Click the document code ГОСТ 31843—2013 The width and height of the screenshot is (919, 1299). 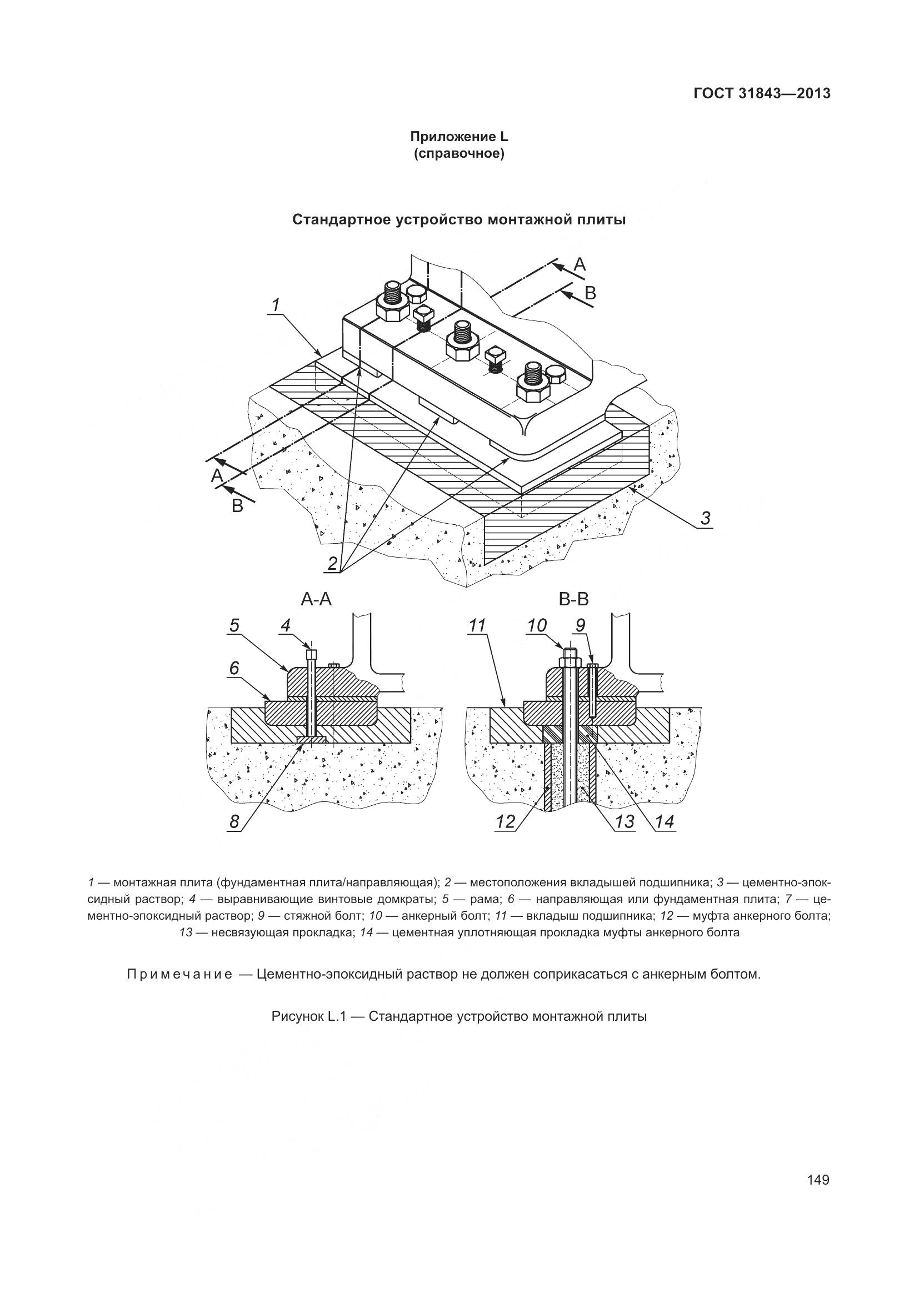[x=762, y=93]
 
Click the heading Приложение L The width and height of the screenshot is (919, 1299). [x=459, y=137]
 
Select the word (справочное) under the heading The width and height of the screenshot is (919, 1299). [x=459, y=153]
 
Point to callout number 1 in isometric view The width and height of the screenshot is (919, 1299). [x=275, y=306]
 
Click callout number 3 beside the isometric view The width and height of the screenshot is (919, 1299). [x=705, y=518]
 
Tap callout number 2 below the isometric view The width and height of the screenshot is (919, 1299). [x=332, y=564]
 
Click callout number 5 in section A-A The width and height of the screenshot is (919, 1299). [x=234, y=625]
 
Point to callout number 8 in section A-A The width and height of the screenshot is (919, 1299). [x=234, y=822]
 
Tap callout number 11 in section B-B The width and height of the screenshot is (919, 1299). [x=478, y=626]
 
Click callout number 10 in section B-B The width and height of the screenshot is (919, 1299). [x=537, y=626]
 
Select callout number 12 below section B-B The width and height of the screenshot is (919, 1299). [x=505, y=822]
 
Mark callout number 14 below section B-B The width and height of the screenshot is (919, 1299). [x=665, y=822]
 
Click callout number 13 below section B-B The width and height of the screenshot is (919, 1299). [x=624, y=822]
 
